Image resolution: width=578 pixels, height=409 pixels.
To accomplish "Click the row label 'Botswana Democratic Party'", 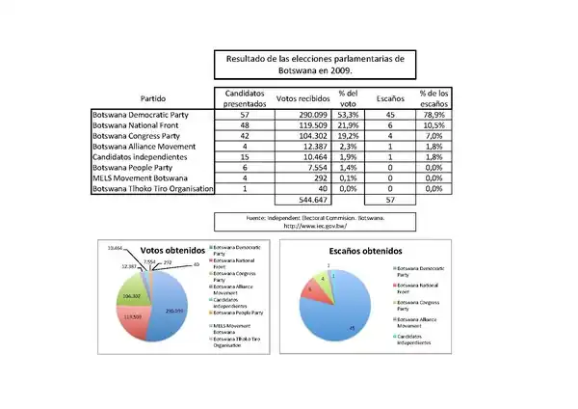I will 139,114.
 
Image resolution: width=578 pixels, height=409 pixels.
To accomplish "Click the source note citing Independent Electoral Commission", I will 315,221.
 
